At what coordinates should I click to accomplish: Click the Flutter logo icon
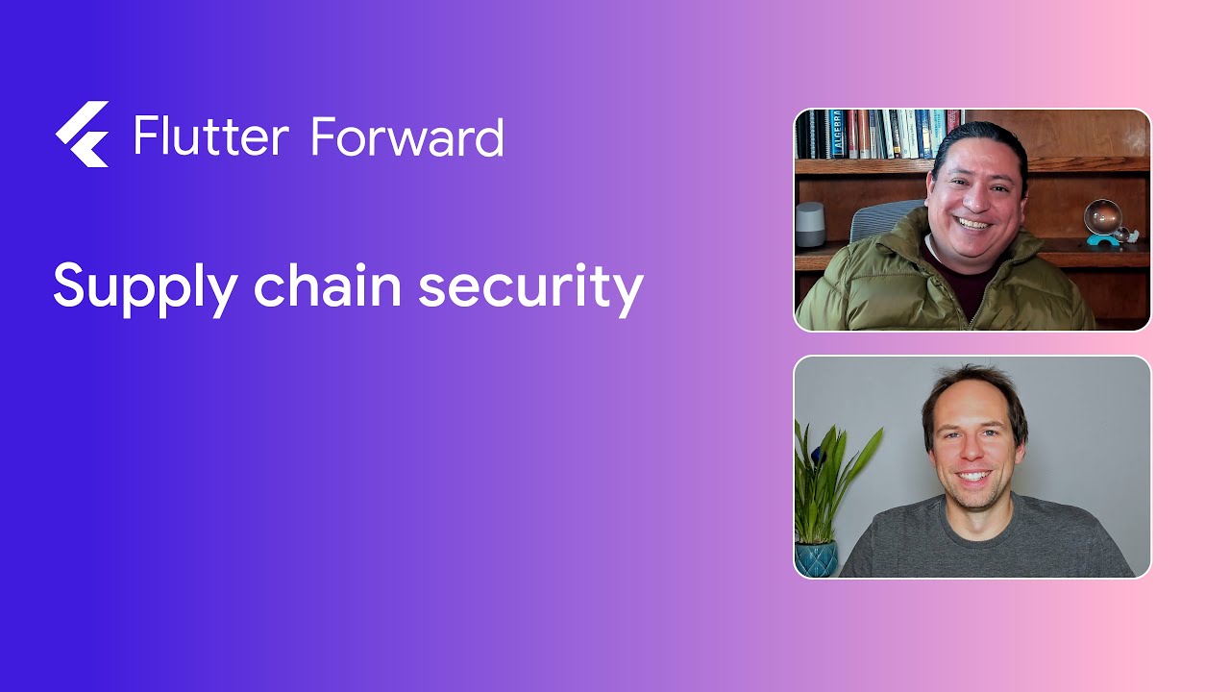(82, 135)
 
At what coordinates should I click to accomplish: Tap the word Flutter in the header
(210, 136)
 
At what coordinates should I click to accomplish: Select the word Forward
(407, 136)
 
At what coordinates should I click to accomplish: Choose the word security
(530, 286)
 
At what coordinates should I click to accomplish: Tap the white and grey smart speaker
(809, 223)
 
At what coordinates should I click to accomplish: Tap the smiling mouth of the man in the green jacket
(972, 224)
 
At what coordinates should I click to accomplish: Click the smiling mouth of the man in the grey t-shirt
(973, 476)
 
